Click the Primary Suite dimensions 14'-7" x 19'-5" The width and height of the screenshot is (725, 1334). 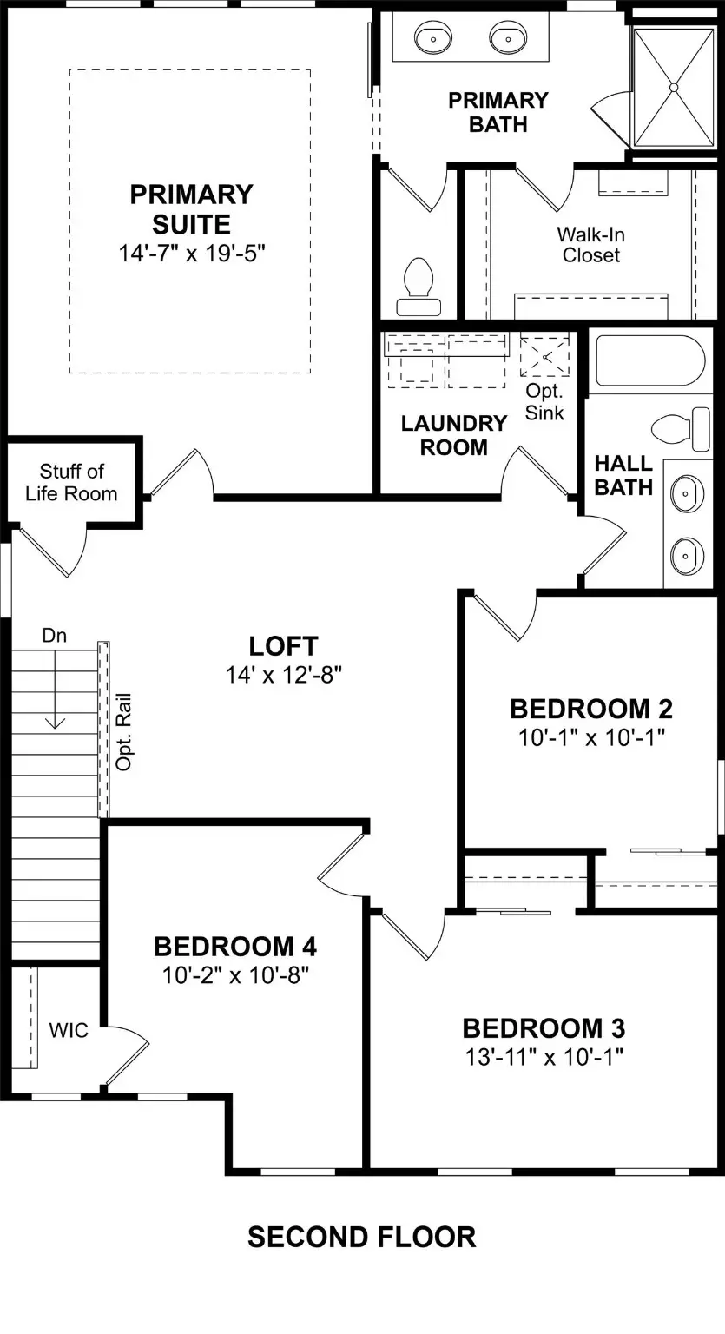tap(191, 254)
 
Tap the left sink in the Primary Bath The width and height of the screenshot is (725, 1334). tap(432, 38)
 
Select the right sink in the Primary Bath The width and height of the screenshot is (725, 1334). tap(508, 38)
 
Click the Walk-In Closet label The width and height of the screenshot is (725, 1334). tap(590, 244)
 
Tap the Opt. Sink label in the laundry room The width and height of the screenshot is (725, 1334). tap(544, 402)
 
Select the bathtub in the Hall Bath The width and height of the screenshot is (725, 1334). tap(649, 360)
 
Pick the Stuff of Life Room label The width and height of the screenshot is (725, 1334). tap(71, 482)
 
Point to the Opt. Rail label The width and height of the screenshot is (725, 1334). tap(123, 731)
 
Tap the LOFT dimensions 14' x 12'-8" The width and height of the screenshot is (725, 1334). tap(284, 676)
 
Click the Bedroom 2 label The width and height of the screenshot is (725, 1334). tap(590, 709)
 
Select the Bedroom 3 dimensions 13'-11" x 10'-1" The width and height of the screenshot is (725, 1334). tap(544, 1056)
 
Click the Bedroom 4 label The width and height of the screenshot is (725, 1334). tap(235, 946)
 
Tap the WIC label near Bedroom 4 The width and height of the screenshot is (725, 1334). tap(69, 1031)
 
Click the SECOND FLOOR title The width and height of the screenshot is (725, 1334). tap(361, 1237)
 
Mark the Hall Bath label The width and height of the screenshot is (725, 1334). tap(623, 475)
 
